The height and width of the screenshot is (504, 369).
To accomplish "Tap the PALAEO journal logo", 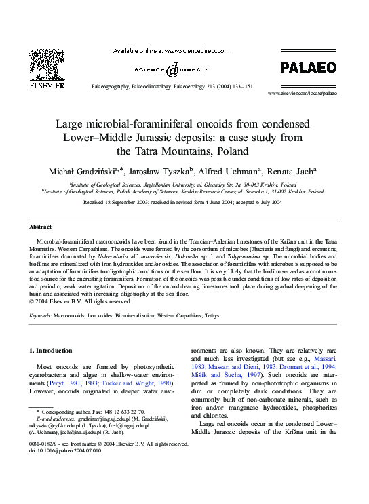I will tap(309, 66).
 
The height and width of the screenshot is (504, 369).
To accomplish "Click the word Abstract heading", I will tap(40, 226).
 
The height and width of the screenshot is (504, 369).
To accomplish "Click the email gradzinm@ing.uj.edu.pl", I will tap(99, 419).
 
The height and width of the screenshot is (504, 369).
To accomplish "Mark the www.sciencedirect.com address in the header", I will tap(201, 51).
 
